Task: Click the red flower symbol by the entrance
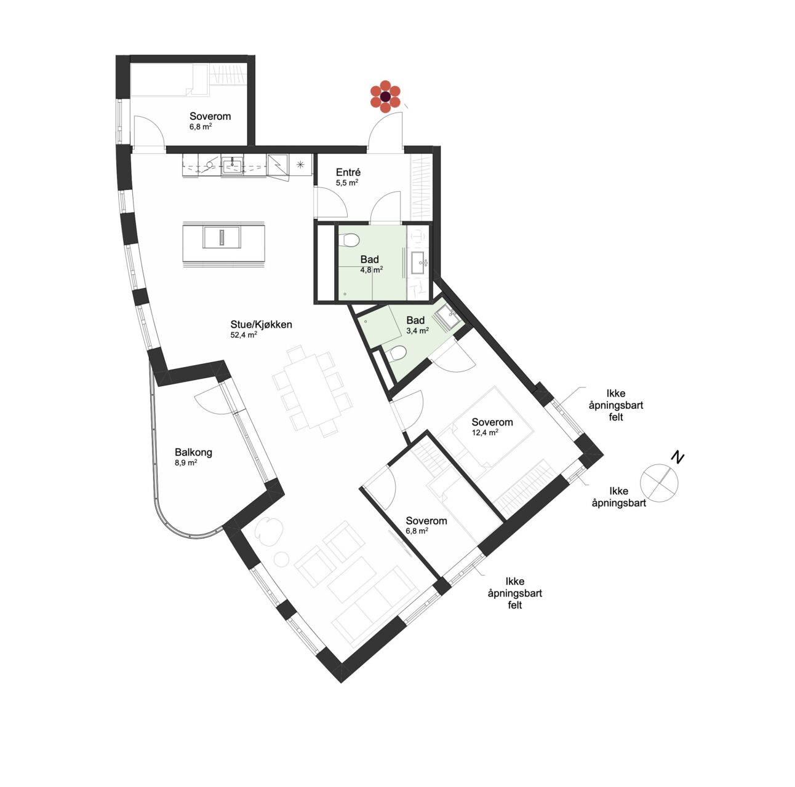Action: click(x=385, y=97)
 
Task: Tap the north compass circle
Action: click(x=659, y=483)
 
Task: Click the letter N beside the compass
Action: click(x=677, y=457)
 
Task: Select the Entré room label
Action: click(x=348, y=172)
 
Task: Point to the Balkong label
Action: click(x=193, y=453)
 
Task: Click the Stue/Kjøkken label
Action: click(x=261, y=325)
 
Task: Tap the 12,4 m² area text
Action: click(x=485, y=432)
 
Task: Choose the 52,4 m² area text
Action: click(x=244, y=334)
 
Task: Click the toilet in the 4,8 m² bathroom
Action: click(x=349, y=240)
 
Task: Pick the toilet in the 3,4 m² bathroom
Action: click(x=397, y=353)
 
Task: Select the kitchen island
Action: click(x=223, y=244)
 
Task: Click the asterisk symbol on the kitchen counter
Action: click(x=300, y=165)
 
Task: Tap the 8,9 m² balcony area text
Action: click(x=186, y=462)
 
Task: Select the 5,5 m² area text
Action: click(x=346, y=183)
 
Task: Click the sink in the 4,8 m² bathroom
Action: click(x=418, y=262)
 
